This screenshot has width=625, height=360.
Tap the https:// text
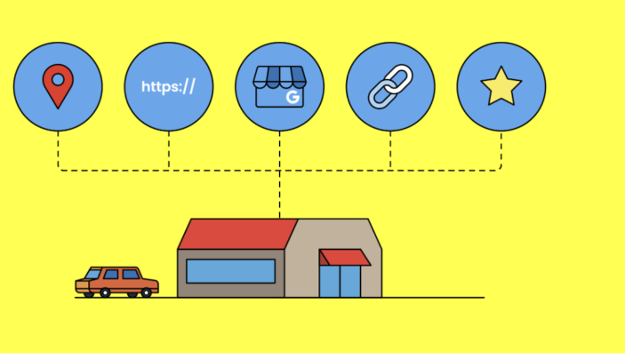[168, 86]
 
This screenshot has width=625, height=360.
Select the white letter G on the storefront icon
[292, 97]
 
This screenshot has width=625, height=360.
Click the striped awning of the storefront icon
[279, 77]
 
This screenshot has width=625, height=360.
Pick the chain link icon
[390, 86]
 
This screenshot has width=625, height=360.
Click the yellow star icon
[501, 86]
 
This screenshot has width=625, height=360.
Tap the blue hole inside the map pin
[58, 80]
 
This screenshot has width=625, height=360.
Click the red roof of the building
[237, 234]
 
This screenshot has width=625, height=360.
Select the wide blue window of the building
[231, 271]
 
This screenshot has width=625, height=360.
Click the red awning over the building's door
[345, 257]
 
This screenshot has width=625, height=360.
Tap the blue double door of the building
[340, 281]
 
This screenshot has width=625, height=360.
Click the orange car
[116, 282]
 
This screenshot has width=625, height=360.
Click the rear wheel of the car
[147, 293]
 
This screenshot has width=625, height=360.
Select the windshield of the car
[92, 274]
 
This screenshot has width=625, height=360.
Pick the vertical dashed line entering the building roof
[279, 195]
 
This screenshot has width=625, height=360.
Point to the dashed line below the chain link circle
[390, 151]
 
